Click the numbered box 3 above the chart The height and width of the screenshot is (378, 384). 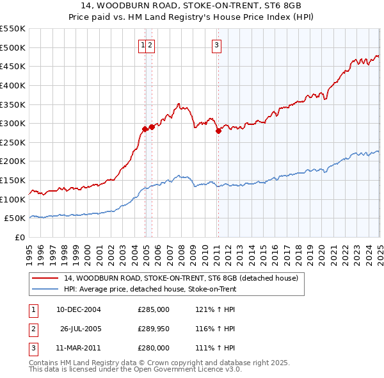pyautogui.click(x=217, y=45)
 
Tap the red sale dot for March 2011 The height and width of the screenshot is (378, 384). pyautogui.click(x=218, y=131)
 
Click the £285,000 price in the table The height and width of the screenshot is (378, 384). pyautogui.click(x=154, y=309)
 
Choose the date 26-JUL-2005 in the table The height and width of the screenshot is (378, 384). pyautogui.click(x=81, y=329)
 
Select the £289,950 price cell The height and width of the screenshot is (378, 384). pyautogui.click(x=154, y=329)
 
